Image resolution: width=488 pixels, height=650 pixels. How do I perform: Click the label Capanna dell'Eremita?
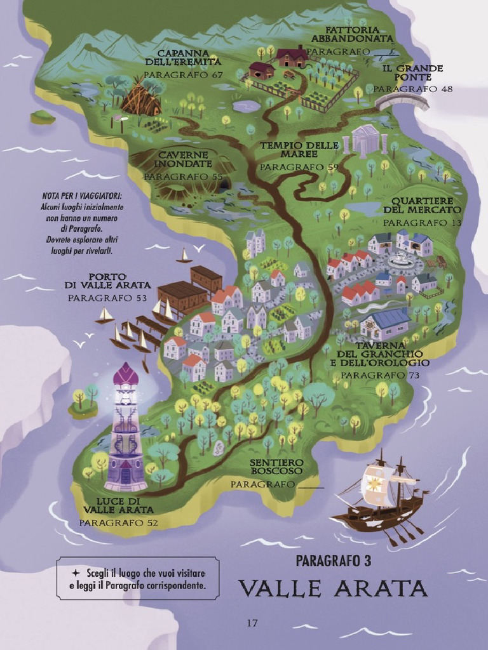pos(183,57)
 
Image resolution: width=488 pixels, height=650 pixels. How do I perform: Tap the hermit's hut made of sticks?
pos(140,98)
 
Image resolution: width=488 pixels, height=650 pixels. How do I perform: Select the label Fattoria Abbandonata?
pos(353,34)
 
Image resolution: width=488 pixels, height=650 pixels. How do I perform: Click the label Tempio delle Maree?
pos(299,150)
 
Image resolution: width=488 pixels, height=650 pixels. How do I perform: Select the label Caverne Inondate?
pos(183,159)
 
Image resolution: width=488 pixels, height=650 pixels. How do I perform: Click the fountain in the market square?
pos(400,259)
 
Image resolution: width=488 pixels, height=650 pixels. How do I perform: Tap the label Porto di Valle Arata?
pos(107,281)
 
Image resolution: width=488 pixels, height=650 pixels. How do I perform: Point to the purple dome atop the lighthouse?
pos(125,375)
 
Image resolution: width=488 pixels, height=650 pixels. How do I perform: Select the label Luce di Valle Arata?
pos(118,505)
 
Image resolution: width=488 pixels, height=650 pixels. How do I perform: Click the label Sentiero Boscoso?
pos(276,467)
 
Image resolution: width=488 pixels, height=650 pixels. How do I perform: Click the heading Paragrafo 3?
pos(333,560)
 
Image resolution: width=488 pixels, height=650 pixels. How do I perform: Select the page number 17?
pos(252,623)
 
